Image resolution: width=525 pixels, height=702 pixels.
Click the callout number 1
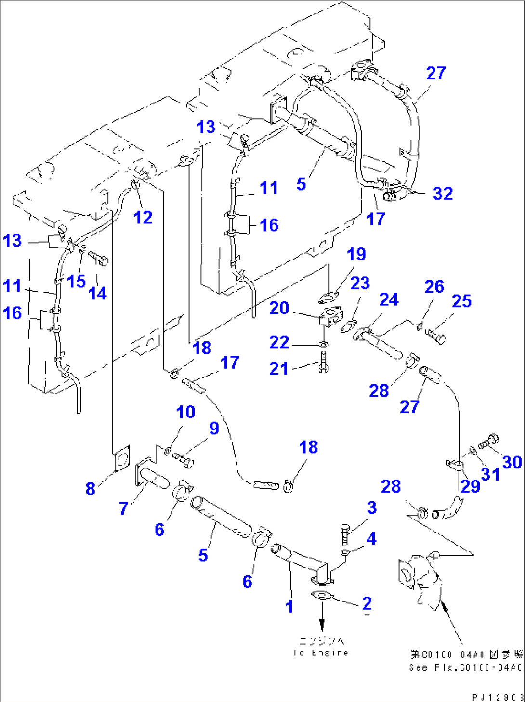(x=289, y=607)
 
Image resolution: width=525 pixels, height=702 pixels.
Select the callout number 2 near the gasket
(x=367, y=603)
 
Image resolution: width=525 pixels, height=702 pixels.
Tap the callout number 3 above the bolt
(x=371, y=507)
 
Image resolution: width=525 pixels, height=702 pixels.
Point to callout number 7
(x=124, y=507)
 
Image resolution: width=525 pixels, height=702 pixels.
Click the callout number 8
(x=90, y=488)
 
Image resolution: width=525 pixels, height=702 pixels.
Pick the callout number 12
(x=143, y=217)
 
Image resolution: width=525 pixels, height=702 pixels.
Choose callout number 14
(x=98, y=293)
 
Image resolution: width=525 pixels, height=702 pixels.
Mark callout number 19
(x=356, y=254)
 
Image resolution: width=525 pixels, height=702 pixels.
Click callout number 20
(x=279, y=308)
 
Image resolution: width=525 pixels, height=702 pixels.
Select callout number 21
(x=278, y=368)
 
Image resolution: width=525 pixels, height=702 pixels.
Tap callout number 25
(x=461, y=301)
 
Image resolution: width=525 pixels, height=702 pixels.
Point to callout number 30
(x=512, y=462)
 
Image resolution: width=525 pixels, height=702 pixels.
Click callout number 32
(x=443, y=194)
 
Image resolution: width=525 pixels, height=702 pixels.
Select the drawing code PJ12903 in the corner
(x=497, y=697)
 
